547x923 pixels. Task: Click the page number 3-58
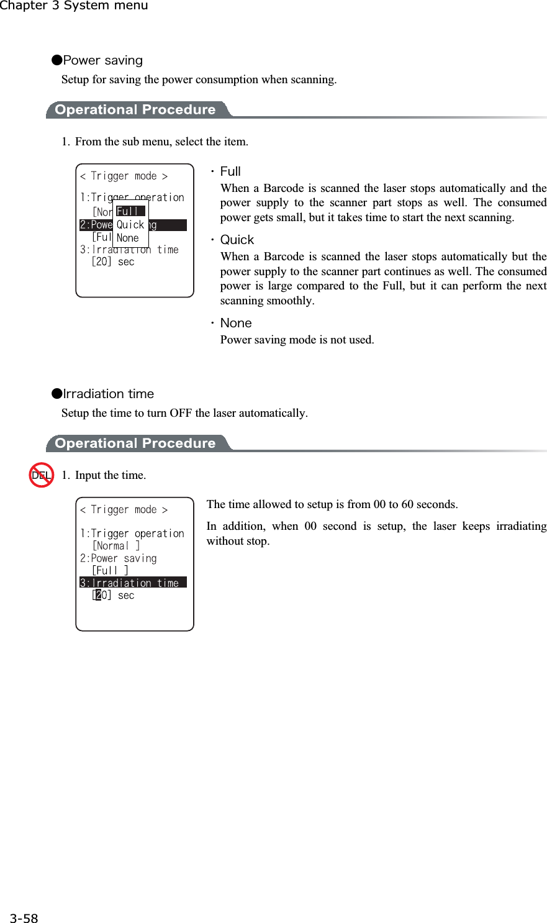(24, 918)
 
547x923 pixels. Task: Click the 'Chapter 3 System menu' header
(74, 6)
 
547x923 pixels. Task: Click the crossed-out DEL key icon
(42, 475)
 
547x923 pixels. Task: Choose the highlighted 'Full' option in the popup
(130, 211)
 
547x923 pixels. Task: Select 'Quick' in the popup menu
(130, 225)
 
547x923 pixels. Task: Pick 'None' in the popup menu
(128, 238)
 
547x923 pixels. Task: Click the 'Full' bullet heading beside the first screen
(230, 171)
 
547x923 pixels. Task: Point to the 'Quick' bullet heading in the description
(237, 240)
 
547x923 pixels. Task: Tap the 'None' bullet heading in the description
(236, 323)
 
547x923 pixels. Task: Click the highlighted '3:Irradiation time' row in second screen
(132, 583)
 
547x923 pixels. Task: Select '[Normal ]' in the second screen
(116, 546)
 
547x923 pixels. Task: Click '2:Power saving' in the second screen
(119, 558)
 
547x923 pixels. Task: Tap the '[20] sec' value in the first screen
(112, 262)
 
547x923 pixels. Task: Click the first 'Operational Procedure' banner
(135, 110)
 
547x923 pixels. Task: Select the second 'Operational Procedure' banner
(135, 443)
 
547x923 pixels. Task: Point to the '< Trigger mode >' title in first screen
(124, 176)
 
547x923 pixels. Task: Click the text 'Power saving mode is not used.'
(297, 340)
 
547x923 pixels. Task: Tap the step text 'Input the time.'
(111, 475)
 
